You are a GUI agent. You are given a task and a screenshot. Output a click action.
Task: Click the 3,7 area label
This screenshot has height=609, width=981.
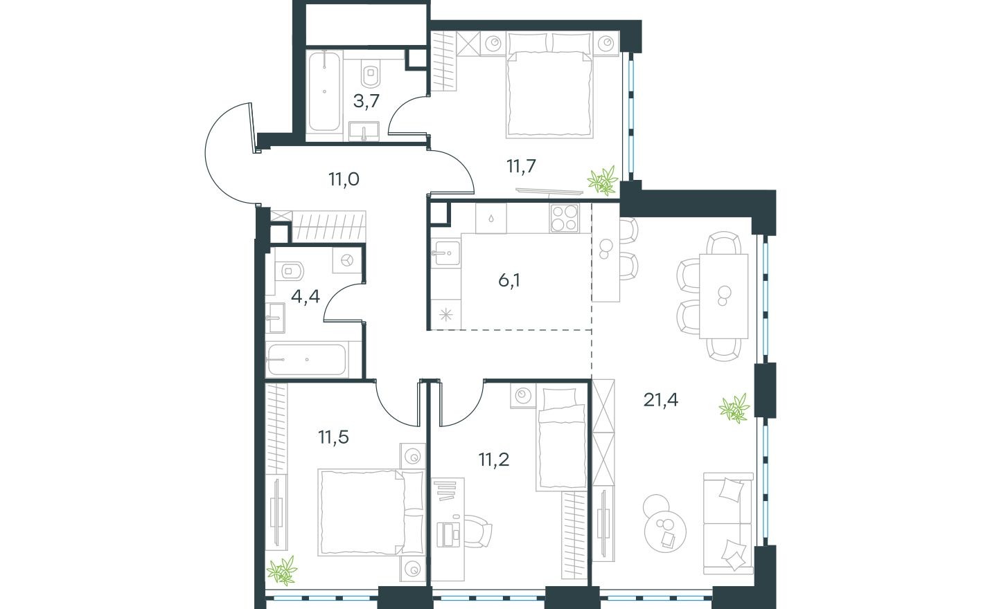tap(366, 102)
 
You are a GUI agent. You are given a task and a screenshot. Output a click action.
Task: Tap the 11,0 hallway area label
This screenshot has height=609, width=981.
tap(344, 179)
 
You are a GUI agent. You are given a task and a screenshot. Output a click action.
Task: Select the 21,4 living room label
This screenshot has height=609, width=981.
tap(660, 400)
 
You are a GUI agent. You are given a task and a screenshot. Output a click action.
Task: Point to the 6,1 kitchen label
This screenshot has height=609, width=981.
tap(509, 280)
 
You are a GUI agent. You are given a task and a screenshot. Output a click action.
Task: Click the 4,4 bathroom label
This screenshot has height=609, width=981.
tap(306, 297)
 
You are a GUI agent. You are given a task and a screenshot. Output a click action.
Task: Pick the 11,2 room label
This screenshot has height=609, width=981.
tap(493, 460)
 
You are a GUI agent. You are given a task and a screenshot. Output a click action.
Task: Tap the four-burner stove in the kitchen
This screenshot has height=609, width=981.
tap(565, 218)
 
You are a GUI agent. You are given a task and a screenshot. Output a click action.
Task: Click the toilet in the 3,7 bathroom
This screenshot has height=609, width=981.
tap(371, 74)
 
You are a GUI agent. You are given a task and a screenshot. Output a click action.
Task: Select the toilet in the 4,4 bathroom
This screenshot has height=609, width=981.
tap(289, 271)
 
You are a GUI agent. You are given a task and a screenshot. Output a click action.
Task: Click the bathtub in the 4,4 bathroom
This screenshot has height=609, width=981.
tap(307, 360)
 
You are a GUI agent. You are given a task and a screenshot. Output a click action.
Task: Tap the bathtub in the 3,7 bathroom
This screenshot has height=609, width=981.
tap(324, 91)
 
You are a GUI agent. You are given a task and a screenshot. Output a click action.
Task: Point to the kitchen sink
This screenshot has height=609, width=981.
tap(446, 253)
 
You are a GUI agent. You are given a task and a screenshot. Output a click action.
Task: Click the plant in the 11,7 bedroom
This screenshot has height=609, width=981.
tap(603, 180)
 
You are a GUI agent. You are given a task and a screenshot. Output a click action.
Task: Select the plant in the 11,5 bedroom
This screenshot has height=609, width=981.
tap(282, 570)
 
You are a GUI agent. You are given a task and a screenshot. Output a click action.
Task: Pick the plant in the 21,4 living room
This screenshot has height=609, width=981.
tap(734, 408)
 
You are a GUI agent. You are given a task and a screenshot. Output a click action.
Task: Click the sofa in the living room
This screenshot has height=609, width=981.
tap(728, 523)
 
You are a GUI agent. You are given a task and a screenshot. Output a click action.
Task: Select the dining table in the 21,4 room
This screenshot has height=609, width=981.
tap(723, 296)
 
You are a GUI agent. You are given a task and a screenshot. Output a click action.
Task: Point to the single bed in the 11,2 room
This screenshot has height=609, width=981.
tap(561, 439)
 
